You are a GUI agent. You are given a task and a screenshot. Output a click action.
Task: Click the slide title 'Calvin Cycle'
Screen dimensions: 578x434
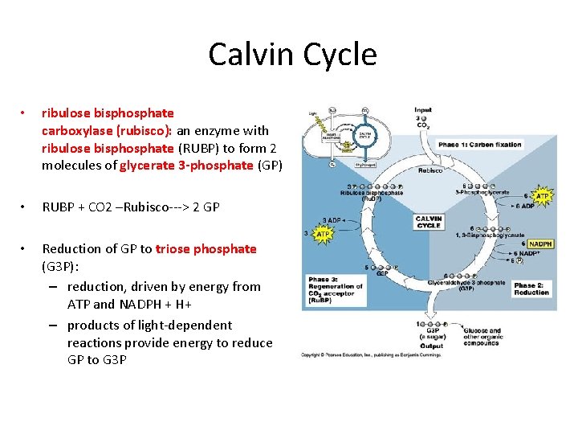pyautogui.click(x=292, y=55)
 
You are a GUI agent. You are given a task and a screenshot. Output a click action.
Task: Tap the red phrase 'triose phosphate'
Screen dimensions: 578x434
pyautogui.click(x=206, y=248)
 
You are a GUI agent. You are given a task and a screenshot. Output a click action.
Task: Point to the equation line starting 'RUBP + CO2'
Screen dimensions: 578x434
pyautogui.click(x=132, y=207)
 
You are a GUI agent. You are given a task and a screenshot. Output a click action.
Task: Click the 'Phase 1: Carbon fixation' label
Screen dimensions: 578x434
pyautogui.click(x=480, y=145)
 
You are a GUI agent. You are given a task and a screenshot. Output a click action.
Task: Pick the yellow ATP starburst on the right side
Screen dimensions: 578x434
pyautogui.click(x=543, y=195)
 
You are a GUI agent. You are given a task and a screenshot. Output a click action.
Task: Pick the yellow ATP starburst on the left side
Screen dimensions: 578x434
pyautogui.click(x=324, y=233)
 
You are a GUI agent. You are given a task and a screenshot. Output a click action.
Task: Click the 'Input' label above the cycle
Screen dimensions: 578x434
pyautogui.click(x=423, y=110)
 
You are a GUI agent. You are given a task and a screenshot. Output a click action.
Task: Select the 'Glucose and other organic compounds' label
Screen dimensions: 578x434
pyautogui.click(x=482, y=337)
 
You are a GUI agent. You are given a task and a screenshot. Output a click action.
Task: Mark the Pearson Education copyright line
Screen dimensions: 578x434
pyautogui.click(x=371, y=354)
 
